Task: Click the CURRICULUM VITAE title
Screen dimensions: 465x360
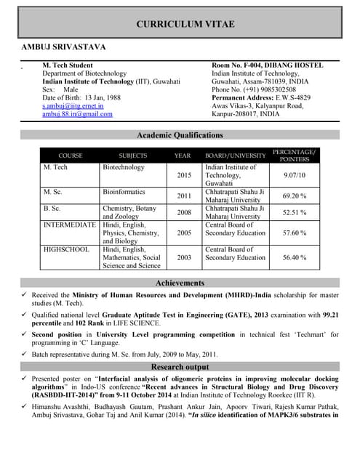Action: [x=185, y=25]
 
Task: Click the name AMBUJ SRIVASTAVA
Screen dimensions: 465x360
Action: [x=64, y=47]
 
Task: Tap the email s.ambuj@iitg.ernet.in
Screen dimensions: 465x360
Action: [x=73, y=105]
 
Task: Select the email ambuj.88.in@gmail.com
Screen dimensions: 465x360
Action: [x=77, y=114]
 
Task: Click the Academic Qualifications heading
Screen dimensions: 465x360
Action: [x=180, y=135]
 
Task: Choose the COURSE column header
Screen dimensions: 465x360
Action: [x=71, y=155]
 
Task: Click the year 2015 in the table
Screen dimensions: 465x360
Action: [x=183, y=176]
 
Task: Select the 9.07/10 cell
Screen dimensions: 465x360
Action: [x=294, y=176]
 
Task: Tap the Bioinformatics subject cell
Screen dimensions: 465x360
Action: [x=124, y=192]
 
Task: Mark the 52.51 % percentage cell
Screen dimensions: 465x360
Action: [x=294, y=212]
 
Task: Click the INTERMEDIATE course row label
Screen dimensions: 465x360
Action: [x=70, y=225]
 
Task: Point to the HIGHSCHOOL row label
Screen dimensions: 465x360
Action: [x=66, y=249]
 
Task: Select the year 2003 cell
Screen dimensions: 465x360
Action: [x=183, y=257]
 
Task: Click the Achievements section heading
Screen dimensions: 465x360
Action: [x=180, y=283]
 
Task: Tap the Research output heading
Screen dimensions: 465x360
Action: [x=180, y=367]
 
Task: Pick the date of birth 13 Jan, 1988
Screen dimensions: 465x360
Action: [x=102, y=97]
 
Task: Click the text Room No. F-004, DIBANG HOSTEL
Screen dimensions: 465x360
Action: [x=267, y=65]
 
